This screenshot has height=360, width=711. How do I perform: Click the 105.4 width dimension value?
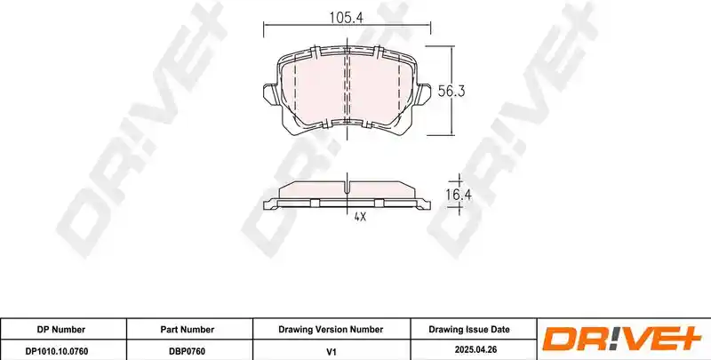click(347, 17)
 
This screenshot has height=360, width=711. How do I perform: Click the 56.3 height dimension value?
click(451, 92)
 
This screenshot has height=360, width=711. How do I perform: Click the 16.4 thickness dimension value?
click(459, 196)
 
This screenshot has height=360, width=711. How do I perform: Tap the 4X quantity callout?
click(360, 217)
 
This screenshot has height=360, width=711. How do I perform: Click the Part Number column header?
click(188, 330)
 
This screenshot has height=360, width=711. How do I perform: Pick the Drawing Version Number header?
click(331, 330)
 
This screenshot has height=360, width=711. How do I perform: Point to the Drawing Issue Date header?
click(469, 330)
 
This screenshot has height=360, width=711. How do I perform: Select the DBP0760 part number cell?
click(188, 350)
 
